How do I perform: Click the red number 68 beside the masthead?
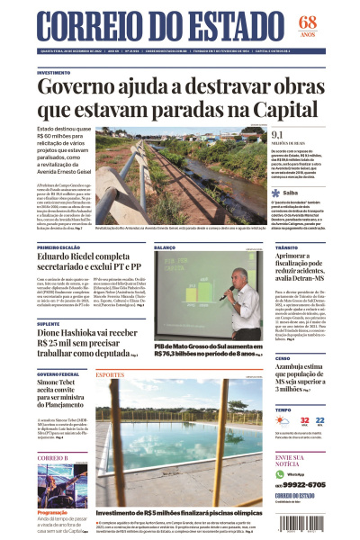[x=333, y=22]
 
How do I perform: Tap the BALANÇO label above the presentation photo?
[x=165, y=247]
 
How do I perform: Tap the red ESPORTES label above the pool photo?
[x=110, y=373]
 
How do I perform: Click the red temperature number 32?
[x=305, y=420]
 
